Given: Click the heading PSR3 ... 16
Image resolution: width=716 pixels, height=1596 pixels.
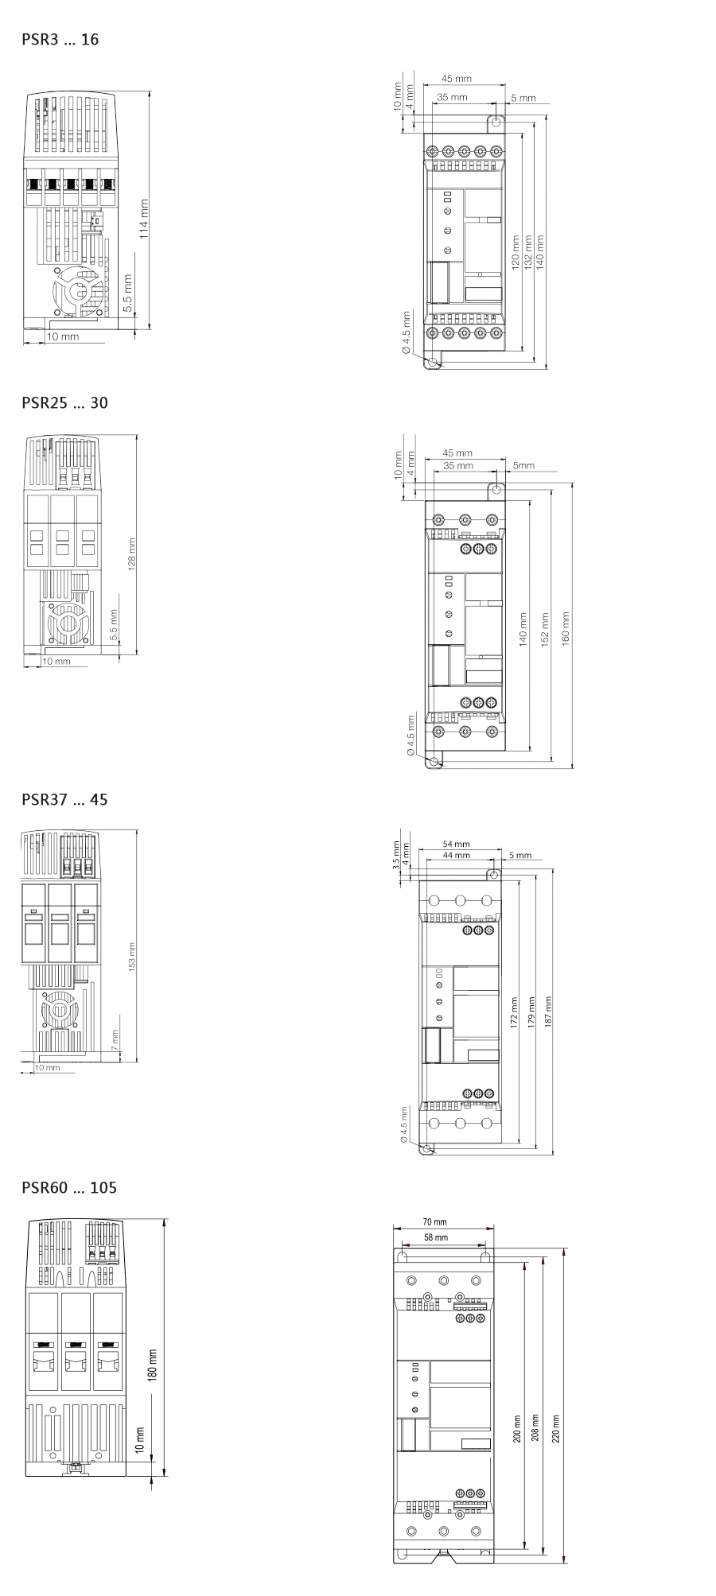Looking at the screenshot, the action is tap(60, 39).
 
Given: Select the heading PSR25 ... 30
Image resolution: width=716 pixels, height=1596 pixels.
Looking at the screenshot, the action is tap(64, 402).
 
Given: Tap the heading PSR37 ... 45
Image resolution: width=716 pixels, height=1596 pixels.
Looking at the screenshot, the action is tap(64, 799).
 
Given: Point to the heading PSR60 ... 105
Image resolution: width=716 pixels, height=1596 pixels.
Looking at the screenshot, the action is tap(69, 1187).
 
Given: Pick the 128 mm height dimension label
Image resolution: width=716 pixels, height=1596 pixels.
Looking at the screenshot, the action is tap(132, 553).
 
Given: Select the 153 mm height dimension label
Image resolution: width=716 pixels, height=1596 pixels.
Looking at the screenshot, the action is tap(132, 957).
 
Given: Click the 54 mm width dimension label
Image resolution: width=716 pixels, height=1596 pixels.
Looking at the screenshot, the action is tap(456, 844).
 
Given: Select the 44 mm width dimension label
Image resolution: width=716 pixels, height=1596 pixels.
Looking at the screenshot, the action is tap(456, 855).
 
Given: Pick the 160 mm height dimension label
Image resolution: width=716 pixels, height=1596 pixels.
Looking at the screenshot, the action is tap(566, 628).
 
